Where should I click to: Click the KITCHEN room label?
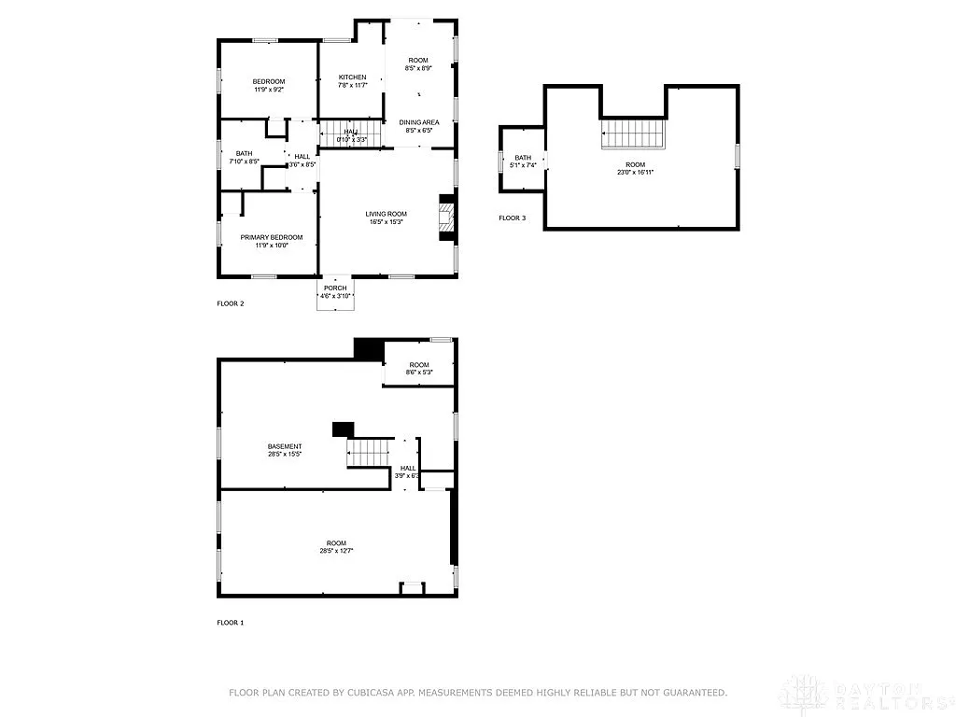[x=352, y=77]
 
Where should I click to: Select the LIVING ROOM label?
[x=386, y=215]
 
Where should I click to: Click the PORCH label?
[x=335, y=288]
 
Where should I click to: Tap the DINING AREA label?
[x=419, y=122]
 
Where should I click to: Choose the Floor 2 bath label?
[x=244, y=153]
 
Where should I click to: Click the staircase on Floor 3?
[x=634, y=133]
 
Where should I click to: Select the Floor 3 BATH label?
[x=523, y=158]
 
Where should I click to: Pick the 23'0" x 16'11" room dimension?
[x=634, y=173]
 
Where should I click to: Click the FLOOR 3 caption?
[x=512, y=218]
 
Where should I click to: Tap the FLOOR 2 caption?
[x=231, y=303]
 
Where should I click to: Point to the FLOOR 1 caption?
[x=231, y=623]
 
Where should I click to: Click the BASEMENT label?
[x=285, y=446]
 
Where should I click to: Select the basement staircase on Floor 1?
[x=368, y=453]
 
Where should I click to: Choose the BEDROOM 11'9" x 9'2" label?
[x=268, y=81]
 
